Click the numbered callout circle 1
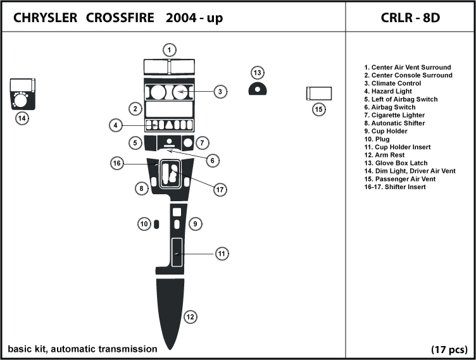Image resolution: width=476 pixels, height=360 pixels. pyautogui.click(x=170, y=50)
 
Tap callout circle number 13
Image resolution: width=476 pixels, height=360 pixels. pyautogui.click(x=258, y=73)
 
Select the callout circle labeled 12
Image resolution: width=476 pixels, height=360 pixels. pyautogui.click(x=191, y=317)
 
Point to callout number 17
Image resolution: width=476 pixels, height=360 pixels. pyautogui.click(x=220, y=190)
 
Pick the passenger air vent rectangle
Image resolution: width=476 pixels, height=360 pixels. pyautogui.click(x=319, y=94)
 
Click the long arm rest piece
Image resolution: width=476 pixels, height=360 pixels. pyautogui.click(x=170, y=313)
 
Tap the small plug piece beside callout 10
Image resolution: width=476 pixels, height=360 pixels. pyautogui.click(x=156, y=225)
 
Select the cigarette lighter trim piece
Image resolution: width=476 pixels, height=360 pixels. pyautogui.click(x=187, y=143)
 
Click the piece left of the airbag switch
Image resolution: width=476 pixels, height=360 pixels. pyautogui.click(x=150, y=143)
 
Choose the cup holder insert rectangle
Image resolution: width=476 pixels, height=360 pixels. pyautogui.click(x=177, y=252)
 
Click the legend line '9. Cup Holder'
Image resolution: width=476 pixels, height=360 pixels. pyautogui.click(x=386, y=131)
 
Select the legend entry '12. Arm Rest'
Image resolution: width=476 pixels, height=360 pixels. pyautogui.click(x=384, y=155)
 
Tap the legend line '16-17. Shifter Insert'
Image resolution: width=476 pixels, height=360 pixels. pyautogui.click(x=395, y=187)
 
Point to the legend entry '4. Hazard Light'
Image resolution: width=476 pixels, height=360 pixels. pyautogui.click(x=388, y=91)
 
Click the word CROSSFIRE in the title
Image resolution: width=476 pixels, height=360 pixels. pyautogui.click(x=120, y=18)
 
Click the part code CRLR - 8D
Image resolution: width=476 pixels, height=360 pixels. pyautogui.click(x=410, y=18)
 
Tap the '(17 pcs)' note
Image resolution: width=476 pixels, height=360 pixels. pyautogui.click(x=449, y=350)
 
